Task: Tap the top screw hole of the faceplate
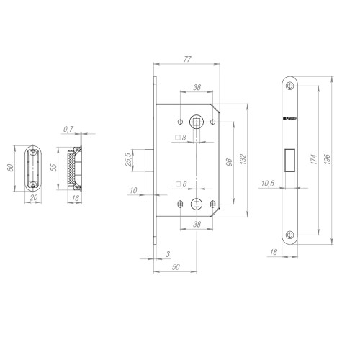point(289,86)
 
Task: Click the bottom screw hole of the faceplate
point(289,233)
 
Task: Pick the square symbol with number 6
point(181,184)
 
